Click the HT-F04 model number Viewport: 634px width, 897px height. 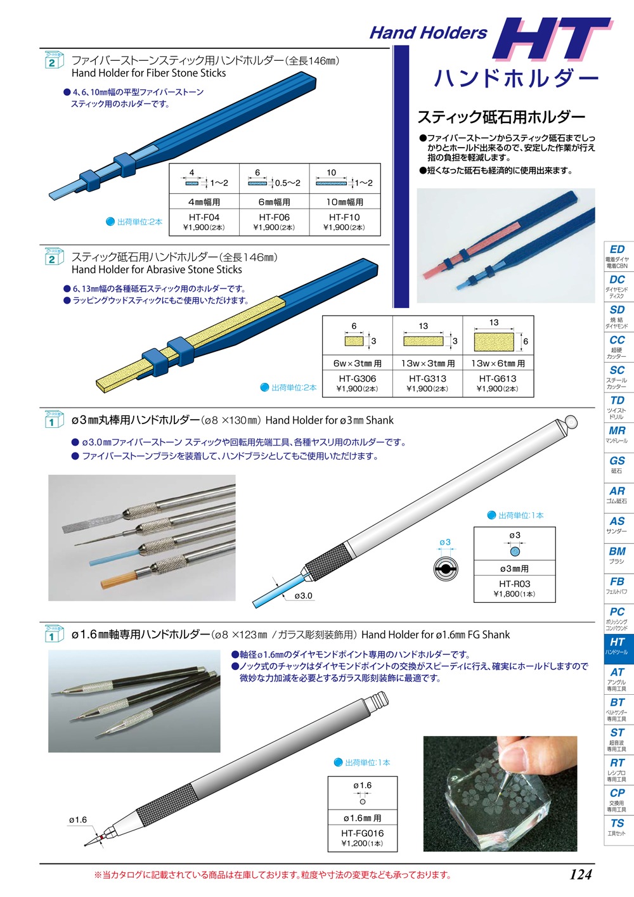coord(204,217)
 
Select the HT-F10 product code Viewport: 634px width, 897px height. coord(344,217)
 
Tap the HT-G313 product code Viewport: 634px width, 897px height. coord(427,378)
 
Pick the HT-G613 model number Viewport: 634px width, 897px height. coord(498,378)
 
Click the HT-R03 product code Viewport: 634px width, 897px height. coord(514,584)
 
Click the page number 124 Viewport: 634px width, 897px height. coord(581,875)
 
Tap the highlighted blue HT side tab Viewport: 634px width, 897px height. coord(617,649)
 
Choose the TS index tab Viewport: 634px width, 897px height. coord(617,830)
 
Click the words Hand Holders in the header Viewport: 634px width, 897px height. coord(428,33)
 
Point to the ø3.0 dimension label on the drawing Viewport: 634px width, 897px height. coord(303,595)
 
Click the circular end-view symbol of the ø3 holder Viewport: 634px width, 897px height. coord(446,569)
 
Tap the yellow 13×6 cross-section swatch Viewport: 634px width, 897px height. coord(494,342)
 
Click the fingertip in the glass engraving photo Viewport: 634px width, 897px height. coord(514,758)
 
